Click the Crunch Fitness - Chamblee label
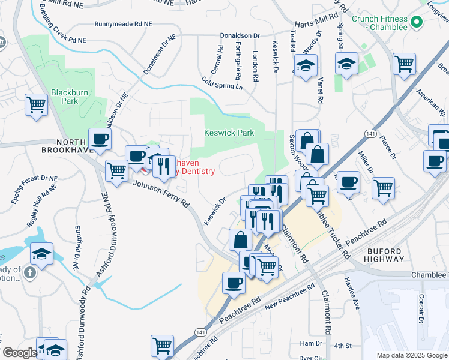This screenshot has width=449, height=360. (379, 23)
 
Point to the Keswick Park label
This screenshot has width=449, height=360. (229, 133)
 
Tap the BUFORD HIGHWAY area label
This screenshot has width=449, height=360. (385, 254)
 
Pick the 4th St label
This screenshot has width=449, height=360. (342, 346)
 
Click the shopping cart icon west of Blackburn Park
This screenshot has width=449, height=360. (37, 104)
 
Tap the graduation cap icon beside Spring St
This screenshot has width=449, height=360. (346, 64)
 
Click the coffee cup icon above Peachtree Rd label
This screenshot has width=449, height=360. (234, 283)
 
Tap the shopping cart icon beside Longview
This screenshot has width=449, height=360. (405, 63)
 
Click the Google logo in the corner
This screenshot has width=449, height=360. (19, 352)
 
